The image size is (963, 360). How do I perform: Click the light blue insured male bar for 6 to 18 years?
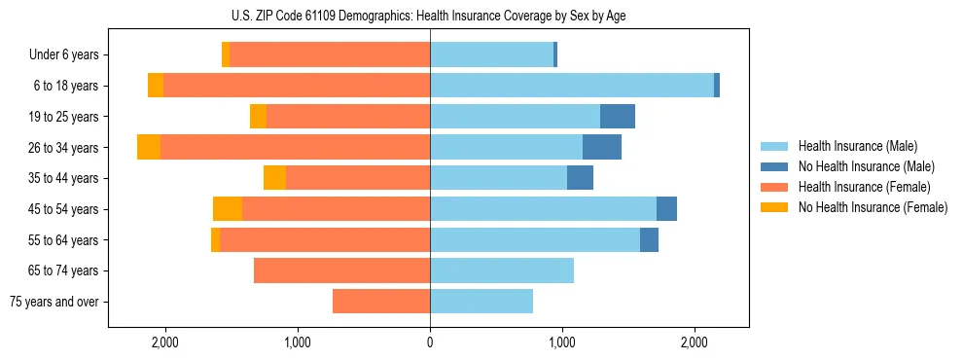[572, 86]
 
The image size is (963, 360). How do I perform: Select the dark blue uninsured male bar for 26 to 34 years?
[602, 147]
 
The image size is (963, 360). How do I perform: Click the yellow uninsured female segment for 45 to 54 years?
[228, 209]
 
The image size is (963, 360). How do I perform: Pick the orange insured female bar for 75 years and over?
[381, 302]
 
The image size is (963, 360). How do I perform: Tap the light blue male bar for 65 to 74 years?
[502, 270]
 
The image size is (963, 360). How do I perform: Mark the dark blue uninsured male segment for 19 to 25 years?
[618, 117]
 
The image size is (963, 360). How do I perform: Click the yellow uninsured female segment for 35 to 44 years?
[274, 178]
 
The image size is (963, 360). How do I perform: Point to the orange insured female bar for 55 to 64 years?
[325, 239]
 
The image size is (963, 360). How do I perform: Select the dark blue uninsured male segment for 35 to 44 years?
[580, 178]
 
